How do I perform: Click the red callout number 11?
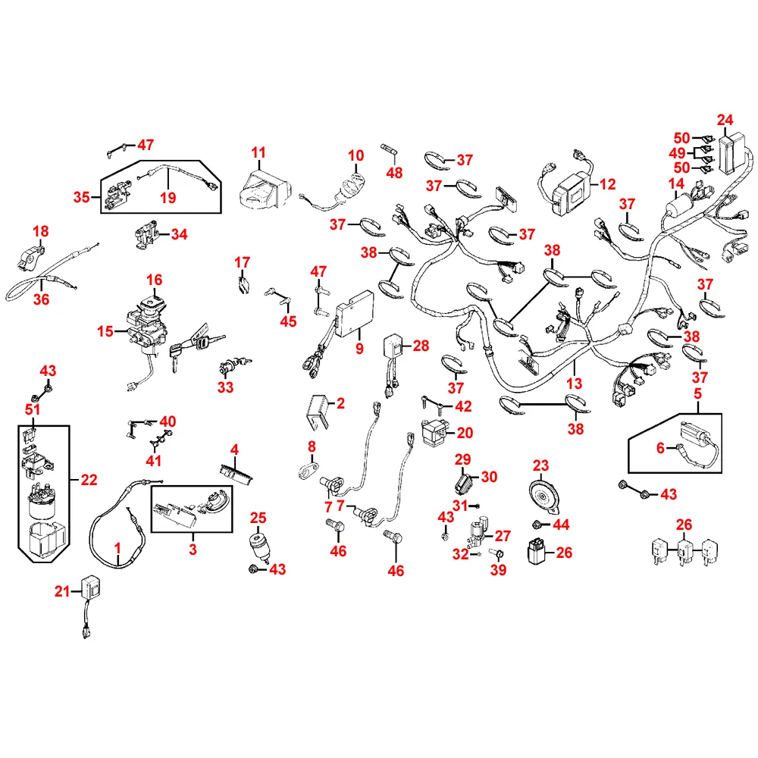pyautogui.click(x=258, y=153)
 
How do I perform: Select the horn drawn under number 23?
pyautogui.click(x=544, y=496)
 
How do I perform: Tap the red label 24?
pyautogui.click(x=725, y=120)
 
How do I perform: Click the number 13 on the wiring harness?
pyautogui.click(x=574, y=384)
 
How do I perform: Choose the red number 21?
pyautogui.click(x=62, y=590)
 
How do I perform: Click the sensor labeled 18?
pyautogui.click(x=31, y=257)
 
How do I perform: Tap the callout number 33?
pyautogui.click(x=225, y=387)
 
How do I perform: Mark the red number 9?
pyautogui.click(x=359, y=349)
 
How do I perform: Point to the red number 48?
pyautogui.click(x=394, y=173)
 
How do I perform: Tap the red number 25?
pyautogui.click(x=258, y=518)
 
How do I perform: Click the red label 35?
pyautogui.click(x=82, y=197)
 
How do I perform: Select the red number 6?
pyautogui.click(x=660, y=448)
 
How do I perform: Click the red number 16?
pyautogui.click(x=154, y=280)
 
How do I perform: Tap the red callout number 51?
pyautogui.click(x=33, y=409)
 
